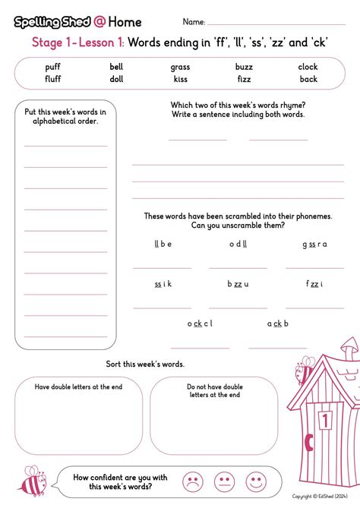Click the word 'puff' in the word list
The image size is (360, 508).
coord(53,67)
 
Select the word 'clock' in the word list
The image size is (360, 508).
coord(308,67)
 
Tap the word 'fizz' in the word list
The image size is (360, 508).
coord(244,79)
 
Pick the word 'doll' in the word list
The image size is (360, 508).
coord(116,79)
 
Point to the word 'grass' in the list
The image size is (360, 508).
coord(180,67)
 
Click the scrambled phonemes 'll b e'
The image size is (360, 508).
coord(163,244)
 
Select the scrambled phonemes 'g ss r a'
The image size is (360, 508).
coord(314,244)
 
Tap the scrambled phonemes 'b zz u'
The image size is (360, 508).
coord(238,284)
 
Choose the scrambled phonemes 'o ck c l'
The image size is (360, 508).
coord(200,323)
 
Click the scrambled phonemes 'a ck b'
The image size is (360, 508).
coord(278,323)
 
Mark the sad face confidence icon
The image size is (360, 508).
coord(194,481)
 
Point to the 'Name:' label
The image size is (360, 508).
coord(194,22)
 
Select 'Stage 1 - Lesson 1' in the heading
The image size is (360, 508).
coord(77,43)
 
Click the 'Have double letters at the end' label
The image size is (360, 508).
coord(78,387)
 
